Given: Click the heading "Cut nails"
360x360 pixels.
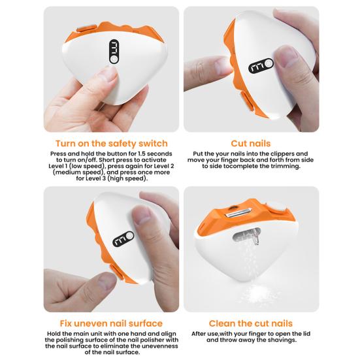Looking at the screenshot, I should click(x=251, y=143).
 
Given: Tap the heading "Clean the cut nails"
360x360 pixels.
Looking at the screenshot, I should click(x=251, y=323).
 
